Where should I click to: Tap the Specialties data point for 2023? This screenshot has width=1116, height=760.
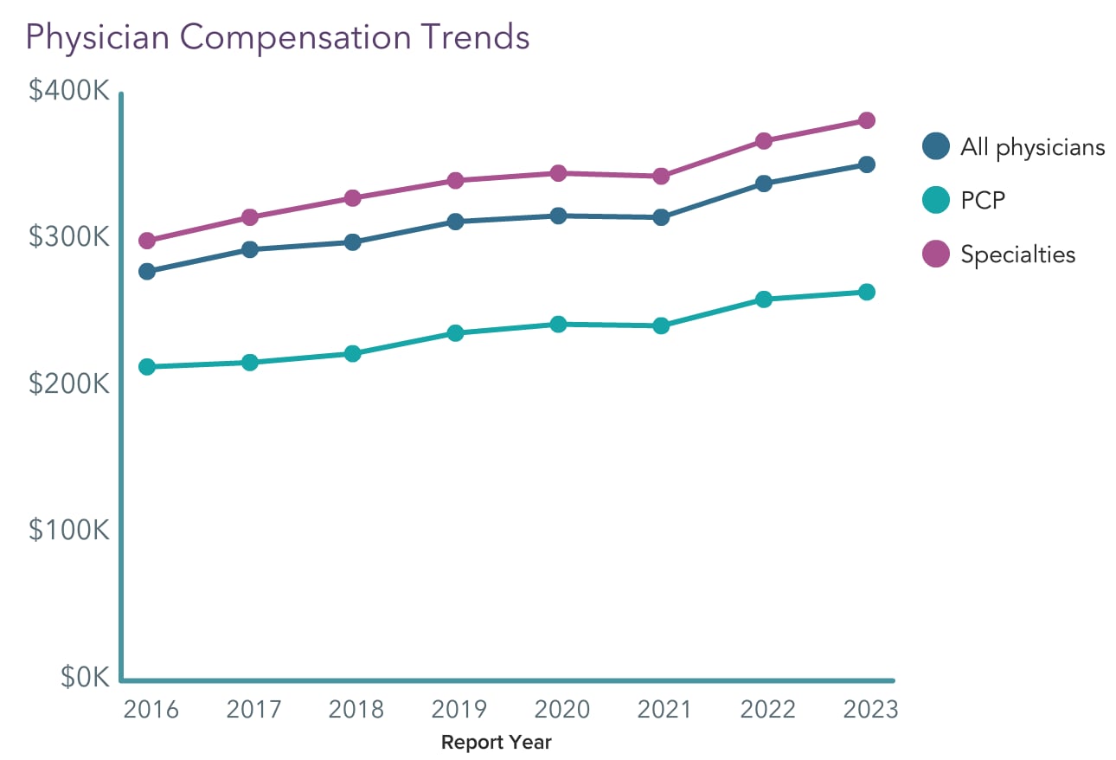[x=866, y=120]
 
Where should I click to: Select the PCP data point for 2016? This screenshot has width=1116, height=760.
[x=147, y=367]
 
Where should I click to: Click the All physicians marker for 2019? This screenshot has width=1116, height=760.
[x=455, y=222]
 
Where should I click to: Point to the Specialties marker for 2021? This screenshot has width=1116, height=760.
[x=661, y=177]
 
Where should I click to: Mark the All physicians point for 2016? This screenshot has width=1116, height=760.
[x=147, y=272]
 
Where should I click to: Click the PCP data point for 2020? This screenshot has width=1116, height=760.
[x=558, y=325]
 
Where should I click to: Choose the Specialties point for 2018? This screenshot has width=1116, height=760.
[x=352, y=198]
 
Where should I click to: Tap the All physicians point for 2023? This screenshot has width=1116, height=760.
[x=866, y=164]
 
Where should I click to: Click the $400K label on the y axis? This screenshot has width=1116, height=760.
[x=69, y=90]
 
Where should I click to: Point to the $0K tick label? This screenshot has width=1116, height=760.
[x=86, y=678]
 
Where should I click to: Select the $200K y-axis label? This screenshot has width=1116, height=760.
[x=69, y=383]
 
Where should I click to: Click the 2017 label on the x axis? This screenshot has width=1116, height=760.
[x=253, y=710]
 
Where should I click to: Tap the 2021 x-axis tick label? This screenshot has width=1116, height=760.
[x=664, y=710]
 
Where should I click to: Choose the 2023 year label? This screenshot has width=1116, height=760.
[x=870, y=710]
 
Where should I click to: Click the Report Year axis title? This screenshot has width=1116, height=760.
[x=496, y=743]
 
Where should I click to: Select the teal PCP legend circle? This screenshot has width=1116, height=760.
[x=936, y=201]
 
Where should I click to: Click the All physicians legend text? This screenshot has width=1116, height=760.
[x=1032, y=147]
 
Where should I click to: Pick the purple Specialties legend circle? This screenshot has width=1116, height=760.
[x=936, y=254]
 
